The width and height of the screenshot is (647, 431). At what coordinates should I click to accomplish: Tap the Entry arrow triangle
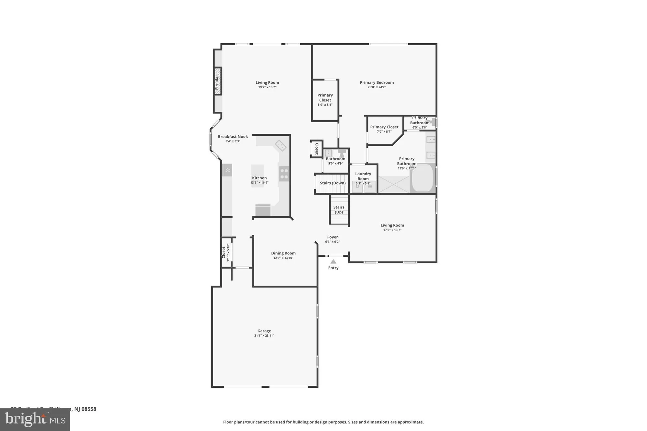[x=333, y=262]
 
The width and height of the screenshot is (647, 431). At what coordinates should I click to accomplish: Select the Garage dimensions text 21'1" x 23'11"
[x=264, y=336]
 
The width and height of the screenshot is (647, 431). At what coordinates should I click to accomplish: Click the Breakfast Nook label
[x=233, y=137]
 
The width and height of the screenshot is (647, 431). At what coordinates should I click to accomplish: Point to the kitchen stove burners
[x=284, y=173]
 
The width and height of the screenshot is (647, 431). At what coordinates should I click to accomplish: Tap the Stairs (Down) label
[x=333, y=183]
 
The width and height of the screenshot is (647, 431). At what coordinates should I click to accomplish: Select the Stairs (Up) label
[x=339, y=210]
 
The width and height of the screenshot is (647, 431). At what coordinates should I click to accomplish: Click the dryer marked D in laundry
[x=357, y=187]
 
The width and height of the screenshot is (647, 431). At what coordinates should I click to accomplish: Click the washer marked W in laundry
[x=370, y=187]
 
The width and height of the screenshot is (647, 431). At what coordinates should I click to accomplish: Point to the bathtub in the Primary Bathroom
[x=422, y=178]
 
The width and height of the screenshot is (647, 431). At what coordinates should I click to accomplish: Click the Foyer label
[x=333, y=237]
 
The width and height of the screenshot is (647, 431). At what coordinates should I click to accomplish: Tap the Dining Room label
[x=283, y=253]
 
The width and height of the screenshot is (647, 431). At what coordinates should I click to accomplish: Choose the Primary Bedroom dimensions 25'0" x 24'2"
[x=377, y=87]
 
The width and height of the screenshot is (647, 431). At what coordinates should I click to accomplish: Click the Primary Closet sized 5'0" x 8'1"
[x=325, y=100]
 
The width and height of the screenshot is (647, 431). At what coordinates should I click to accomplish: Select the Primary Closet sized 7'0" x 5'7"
[x=384, y=129]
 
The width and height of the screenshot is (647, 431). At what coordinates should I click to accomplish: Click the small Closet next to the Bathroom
[x=316, y=149]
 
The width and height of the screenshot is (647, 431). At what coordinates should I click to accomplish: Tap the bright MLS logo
[x=35, y=420]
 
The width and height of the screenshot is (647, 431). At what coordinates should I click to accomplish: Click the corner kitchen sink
[x=280, y=145]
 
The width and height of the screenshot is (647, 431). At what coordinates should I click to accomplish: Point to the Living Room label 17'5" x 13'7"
[x=392, y=225]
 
